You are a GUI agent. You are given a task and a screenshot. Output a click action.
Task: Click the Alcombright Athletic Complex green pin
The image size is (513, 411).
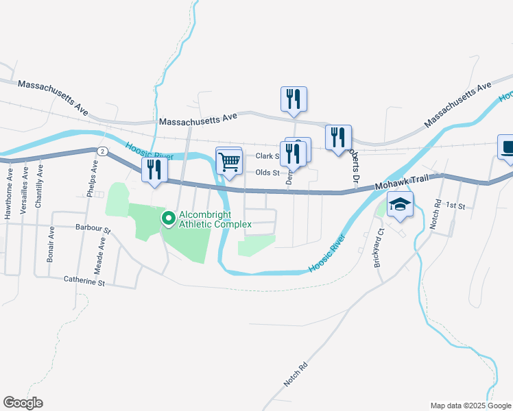click(x=168, y=219)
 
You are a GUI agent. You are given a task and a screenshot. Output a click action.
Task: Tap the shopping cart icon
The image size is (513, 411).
click(x=229, y=162)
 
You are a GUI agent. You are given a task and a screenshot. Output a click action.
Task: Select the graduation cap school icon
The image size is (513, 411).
click(x=400, y=204)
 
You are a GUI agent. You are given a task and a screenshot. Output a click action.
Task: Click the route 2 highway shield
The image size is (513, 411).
click(x=102, y=150)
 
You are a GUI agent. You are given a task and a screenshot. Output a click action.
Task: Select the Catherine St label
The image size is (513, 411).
click(x=84, y=280)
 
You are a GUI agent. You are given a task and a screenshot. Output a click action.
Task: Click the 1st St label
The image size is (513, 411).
click(x=455, y=205)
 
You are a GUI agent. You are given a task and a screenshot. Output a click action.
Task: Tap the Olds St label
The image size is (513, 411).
click(x=267, y=173)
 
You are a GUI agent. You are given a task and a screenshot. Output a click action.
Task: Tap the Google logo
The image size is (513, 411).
click(x=23, y=403)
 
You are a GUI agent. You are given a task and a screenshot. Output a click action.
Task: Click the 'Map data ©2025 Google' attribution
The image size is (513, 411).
click(x=470, y=405)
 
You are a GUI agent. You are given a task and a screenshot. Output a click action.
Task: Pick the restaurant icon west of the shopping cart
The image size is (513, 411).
click(x=154, y=170)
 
